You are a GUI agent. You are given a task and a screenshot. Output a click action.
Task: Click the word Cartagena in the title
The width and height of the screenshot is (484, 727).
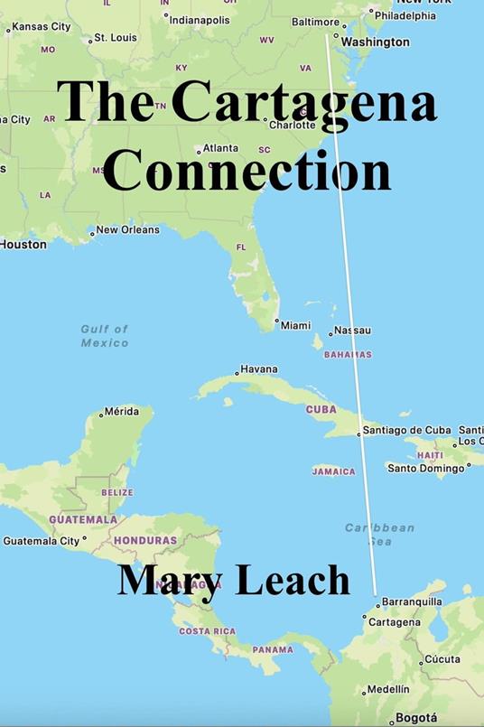click(304, 103)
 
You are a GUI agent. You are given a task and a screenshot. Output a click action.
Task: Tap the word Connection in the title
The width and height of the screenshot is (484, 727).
click(246, 168)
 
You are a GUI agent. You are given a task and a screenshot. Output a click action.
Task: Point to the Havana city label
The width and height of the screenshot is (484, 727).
click(259, 369)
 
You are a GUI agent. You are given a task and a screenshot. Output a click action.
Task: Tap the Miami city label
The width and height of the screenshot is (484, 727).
click(295, 325)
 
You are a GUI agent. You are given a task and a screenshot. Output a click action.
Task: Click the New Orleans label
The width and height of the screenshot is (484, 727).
click(127, 229)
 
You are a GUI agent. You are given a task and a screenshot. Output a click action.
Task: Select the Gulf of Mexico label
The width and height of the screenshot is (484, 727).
click(105, 336)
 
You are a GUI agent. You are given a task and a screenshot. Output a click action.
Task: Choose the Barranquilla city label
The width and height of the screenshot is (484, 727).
click(412, 601)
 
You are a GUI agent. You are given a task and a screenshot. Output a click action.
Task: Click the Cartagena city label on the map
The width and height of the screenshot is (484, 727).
click(396, 622)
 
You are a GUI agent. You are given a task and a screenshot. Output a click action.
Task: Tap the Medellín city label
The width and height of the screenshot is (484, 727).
click(388, 689)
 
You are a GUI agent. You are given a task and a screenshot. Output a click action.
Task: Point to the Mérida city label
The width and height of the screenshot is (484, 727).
click(121, 411)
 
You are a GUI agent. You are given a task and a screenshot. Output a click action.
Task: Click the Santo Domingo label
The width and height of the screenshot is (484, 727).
click(425, 468)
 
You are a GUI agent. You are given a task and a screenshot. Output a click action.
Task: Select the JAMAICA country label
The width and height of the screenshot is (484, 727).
click(333, 471)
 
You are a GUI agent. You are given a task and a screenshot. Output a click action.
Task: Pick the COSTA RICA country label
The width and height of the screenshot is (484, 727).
click(207, 631)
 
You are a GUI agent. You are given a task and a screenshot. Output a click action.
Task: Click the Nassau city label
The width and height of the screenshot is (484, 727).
click(352, 331)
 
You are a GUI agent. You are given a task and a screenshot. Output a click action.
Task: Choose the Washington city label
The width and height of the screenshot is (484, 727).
click(375, 42)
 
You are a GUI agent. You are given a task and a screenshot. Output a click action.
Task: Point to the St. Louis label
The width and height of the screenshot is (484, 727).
click(115, 38)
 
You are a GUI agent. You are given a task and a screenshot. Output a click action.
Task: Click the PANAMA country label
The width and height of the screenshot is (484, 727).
click(273, 649)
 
